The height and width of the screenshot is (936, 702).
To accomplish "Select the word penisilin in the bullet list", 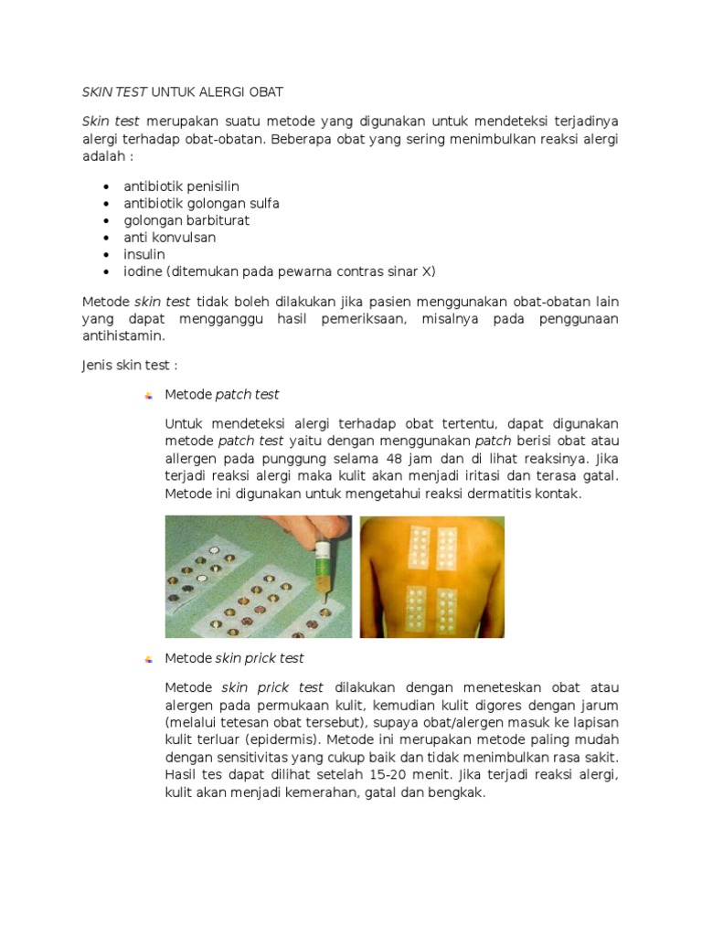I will (212, 186).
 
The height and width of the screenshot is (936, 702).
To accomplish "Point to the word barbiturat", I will (218, 220).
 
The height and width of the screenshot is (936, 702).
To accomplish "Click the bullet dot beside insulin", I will (107, 255).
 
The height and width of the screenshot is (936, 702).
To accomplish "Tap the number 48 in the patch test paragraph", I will (394, 459).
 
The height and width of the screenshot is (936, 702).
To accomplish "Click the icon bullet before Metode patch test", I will (148, 395).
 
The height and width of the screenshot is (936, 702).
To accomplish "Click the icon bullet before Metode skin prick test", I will (148, 658).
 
